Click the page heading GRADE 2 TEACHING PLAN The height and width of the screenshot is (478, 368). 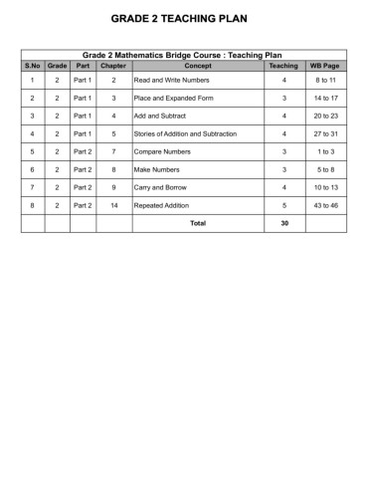click(x=183, y=19)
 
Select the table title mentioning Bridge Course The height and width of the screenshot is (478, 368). click(x=183, y=56)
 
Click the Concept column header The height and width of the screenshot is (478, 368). click(x=198, y=65)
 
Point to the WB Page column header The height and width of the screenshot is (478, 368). click(x=326, y=65)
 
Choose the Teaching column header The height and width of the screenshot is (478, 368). click(x=283, y=65)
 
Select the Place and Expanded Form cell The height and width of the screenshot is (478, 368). click(x=166, y=98)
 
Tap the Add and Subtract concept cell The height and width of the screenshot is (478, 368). click(x=156, y=116)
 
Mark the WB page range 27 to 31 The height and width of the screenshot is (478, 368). click(x=326, y=133)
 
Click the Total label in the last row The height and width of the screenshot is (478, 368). click(x=198, y=223)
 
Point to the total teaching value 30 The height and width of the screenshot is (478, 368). click(x=283, y=223)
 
